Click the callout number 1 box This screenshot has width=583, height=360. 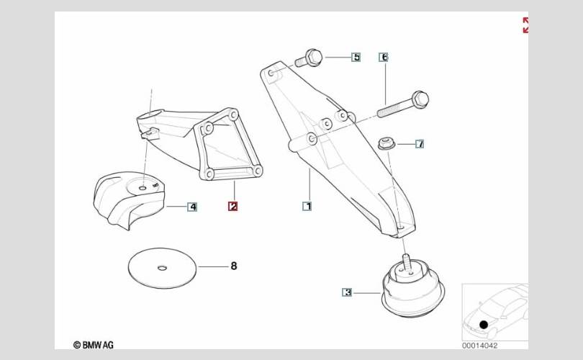click(307, 206)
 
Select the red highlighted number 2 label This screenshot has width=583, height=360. click(232, 206)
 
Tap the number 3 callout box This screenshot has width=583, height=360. click(347, 292)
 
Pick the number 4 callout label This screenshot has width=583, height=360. click(192, 207)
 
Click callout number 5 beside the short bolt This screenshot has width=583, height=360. click(356, 58)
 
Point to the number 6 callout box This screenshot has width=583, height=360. click(384, 58)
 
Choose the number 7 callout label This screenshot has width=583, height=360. click(420, 143)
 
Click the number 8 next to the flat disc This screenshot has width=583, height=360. click(233, 266)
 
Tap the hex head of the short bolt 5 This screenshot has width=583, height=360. click(314, 58)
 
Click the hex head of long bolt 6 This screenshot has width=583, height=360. click(420, 99)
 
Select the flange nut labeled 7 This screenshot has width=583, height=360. click(387, 143)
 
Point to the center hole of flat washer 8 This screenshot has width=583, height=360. click(162, 268)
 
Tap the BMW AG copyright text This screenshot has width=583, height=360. click(94, 345)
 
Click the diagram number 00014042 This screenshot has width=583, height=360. click(479, 346)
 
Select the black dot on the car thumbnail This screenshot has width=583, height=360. click(484, 325)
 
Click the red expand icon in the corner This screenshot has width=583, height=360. click(525, 25)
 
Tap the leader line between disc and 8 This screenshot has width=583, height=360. click(213, 266)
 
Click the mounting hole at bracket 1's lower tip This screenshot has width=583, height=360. click(400, 225)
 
